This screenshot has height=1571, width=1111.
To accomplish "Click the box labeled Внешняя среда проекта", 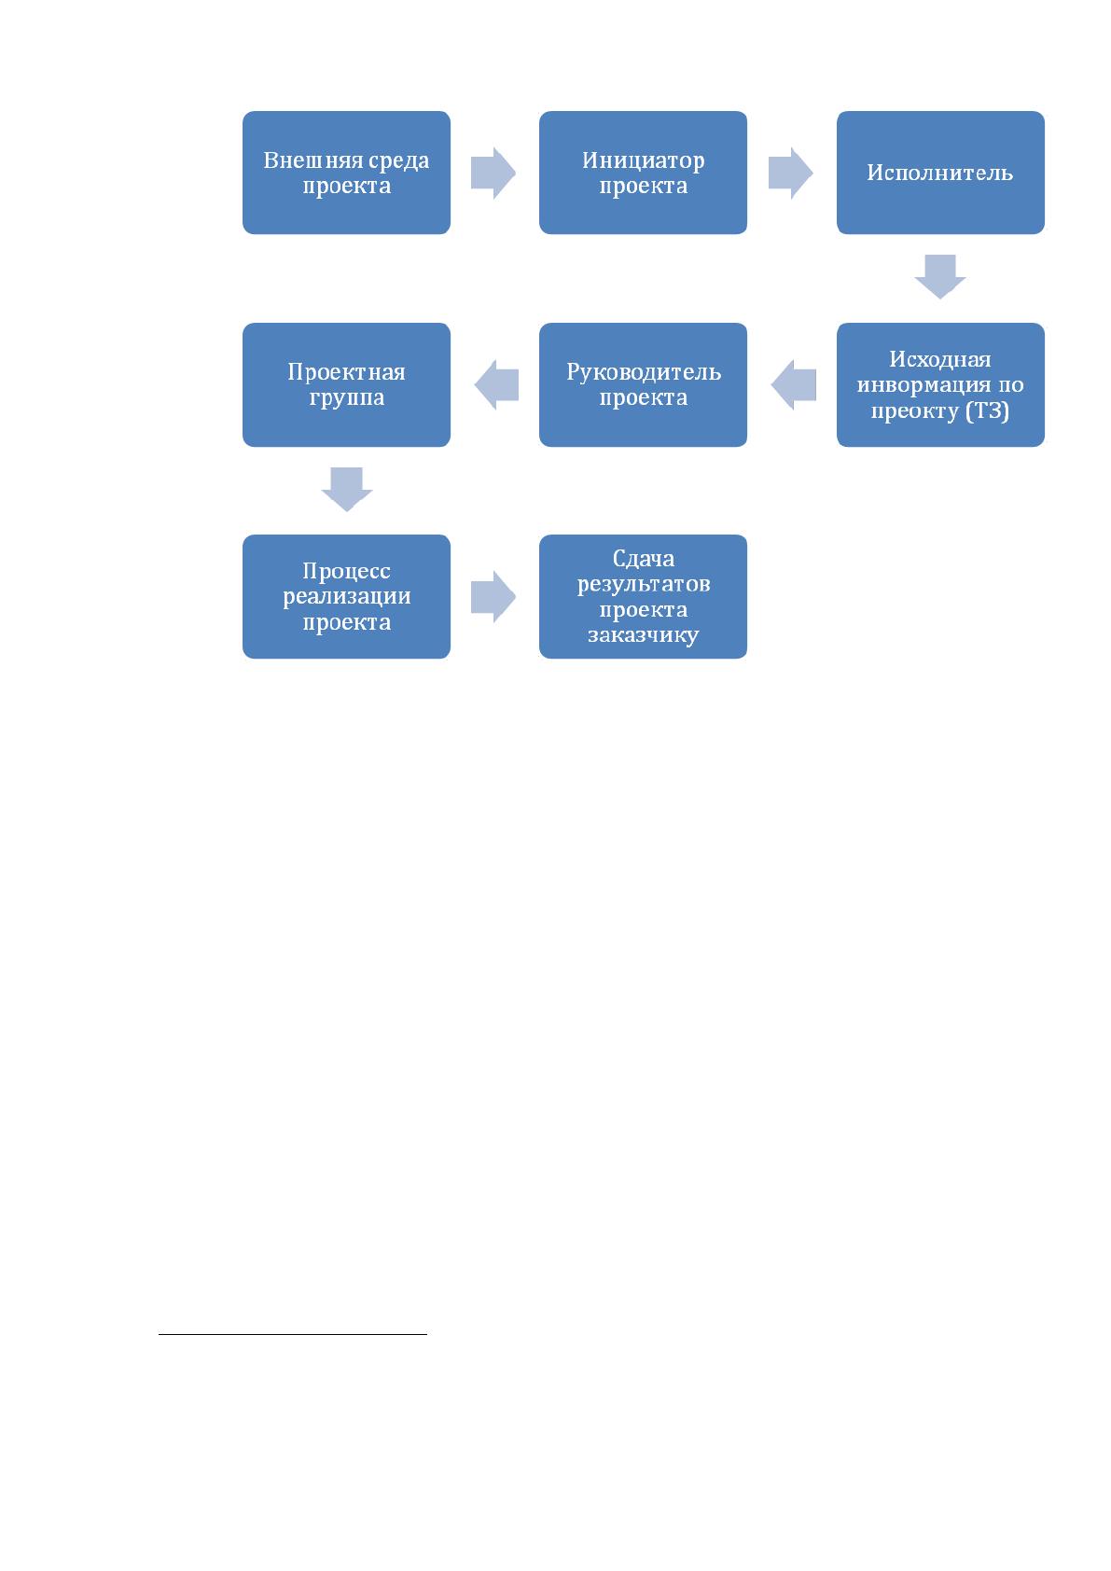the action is [x=346, y=173].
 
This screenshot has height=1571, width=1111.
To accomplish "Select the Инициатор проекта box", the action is [x=643, y=173].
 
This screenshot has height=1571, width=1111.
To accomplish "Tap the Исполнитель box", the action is [x=940, y=173].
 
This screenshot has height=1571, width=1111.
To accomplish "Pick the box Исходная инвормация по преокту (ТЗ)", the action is [x=940, y=384].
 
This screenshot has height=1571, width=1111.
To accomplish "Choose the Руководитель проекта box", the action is [x=643, y=384].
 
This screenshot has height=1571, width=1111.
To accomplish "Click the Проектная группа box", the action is [x=346, y=384].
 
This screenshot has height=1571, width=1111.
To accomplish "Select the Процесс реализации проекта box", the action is [x=346, y=596].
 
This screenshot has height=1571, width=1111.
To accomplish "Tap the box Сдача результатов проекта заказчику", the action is [x=643, y=596].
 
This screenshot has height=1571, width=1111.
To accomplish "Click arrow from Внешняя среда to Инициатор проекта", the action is [x=493, y=173].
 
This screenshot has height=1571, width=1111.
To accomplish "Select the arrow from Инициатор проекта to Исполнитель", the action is [x=790, y=173].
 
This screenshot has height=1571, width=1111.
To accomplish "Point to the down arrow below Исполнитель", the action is [x=940, y=277].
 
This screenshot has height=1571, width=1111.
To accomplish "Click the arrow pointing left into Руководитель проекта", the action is [x=793, y=384].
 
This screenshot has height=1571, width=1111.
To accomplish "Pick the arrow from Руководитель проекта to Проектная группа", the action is [x=496, y=384].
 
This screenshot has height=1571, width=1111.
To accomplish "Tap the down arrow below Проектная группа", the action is [x=346, y=489].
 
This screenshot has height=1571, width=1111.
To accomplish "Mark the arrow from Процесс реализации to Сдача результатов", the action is [x=493, y=596].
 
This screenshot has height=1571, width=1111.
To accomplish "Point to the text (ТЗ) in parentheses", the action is [x=987, y=410].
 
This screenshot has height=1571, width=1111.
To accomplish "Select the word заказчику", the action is [x=643, y=635].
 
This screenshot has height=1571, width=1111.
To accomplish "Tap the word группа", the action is [x=346, y=398].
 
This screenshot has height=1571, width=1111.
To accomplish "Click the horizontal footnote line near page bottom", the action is [x=293, y=1334].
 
